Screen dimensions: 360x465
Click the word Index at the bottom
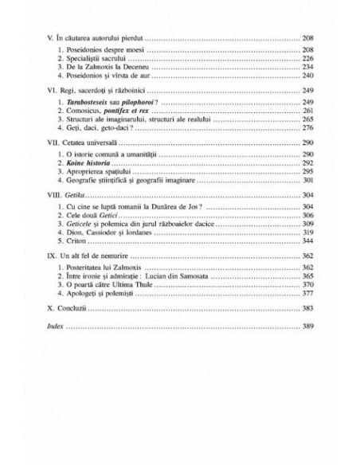point(67,326)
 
